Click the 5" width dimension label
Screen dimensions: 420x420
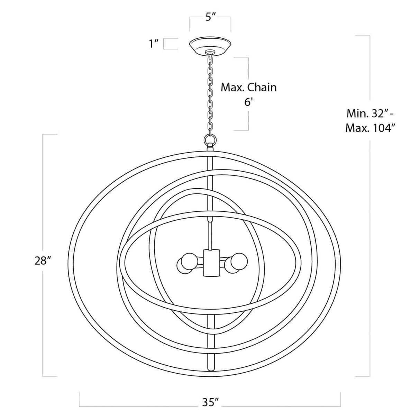point(210,17)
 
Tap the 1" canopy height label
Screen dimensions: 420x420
point(153,44)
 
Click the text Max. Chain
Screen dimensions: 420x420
point(249,87)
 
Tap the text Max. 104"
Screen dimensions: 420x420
point(370,128)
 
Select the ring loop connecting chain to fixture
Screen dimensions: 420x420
point(210,140)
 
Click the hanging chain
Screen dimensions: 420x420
point(210,93)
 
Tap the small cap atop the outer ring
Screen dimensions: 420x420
point(210,148)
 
